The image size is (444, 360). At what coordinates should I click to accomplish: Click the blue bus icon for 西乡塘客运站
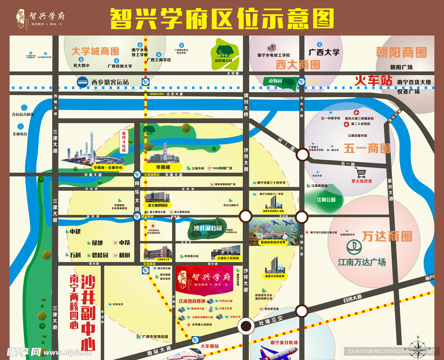point(82,81)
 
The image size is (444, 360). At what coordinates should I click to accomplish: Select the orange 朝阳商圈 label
point(401,53)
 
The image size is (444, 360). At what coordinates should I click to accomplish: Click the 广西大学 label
point(324,52)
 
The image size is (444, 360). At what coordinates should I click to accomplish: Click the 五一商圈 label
point(367,149)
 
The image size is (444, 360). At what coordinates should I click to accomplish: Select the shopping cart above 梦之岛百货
point(362,172)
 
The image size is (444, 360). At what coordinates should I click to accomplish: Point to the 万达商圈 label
point(387,237)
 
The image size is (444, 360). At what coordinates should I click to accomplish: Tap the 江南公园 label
point(326,200)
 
